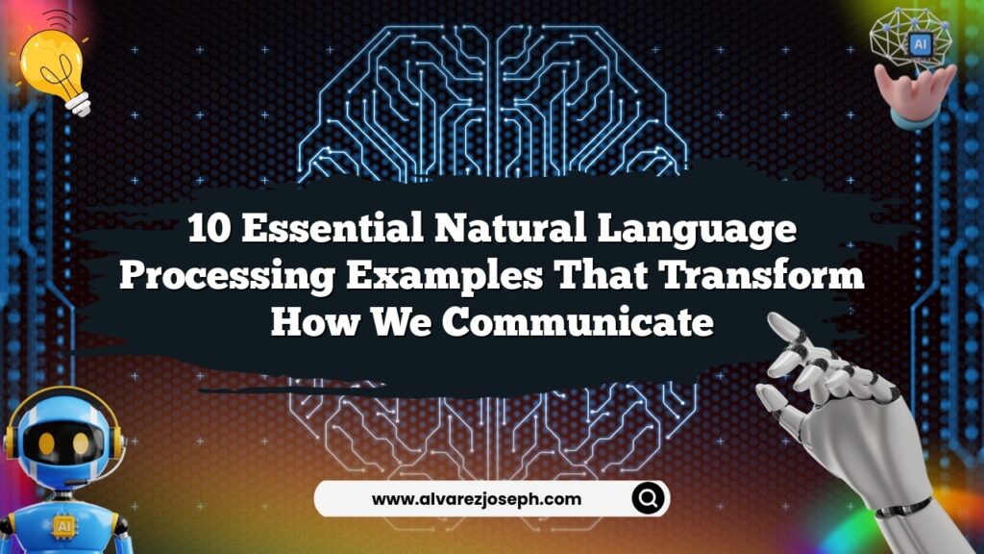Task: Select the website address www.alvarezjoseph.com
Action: pos(477,499)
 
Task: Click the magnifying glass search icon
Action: pos(649,498)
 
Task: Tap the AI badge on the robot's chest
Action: pos(65,526)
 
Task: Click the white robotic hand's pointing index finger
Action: pos(794,332)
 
